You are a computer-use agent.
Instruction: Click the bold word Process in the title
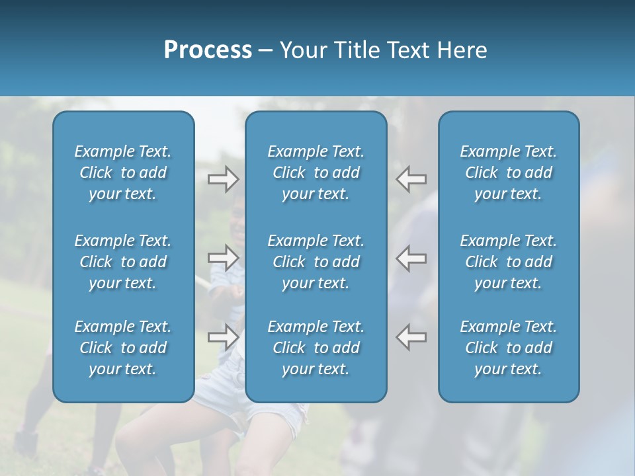[x=208, y=50]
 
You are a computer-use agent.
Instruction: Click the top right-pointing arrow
[x=223, y=178]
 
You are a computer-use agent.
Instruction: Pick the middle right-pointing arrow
[x=223, y=258]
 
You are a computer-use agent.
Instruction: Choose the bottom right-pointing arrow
[x=223, y=337]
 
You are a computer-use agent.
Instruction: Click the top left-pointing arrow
[x=411, y=178]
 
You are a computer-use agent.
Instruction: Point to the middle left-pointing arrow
[x=411, y=258]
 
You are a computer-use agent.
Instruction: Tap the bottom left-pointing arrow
[x=411, y=337]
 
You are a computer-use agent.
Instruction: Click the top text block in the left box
[x=123, y=173]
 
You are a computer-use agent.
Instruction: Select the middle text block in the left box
[x=123, y=262]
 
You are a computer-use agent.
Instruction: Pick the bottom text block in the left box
[x=123, y=348]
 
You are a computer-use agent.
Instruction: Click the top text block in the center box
[x=316, y=173]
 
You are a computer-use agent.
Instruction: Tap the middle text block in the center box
[x=316, y=262]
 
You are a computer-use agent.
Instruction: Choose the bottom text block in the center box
[x=316, y=348]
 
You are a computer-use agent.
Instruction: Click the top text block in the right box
[x=509, y=173]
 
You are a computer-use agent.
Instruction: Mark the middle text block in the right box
[x=509, y=262]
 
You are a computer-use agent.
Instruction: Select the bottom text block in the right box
[x=509, y=348]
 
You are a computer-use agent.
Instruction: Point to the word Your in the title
[x=300, y=50]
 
